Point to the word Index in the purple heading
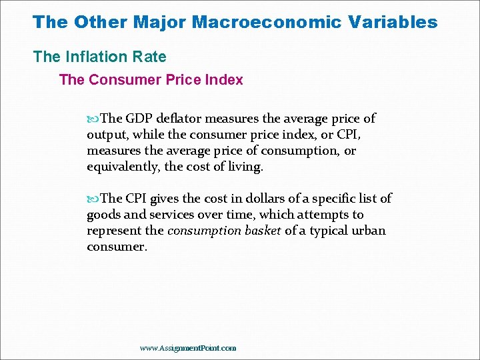[x=224, y=80]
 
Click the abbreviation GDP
[x=139, y=119]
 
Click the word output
[x=105, y=135]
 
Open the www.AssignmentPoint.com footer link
[x=188, y=348]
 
